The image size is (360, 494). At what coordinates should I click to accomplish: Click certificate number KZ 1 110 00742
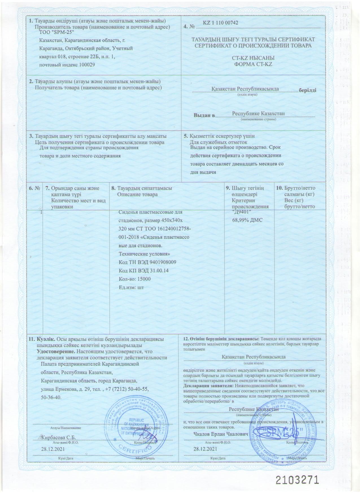click(221, 23)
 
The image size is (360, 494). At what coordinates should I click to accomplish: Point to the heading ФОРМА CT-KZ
click(253, 64)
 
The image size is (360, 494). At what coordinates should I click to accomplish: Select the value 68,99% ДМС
click(247, 220)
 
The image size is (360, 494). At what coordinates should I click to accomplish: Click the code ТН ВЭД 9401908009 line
click(148, 262)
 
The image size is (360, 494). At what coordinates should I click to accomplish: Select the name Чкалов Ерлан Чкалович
click(221, 434)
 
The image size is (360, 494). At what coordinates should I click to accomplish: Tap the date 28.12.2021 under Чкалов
click(205, 449)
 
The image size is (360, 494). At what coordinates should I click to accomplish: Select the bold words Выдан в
click(204, 115)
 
